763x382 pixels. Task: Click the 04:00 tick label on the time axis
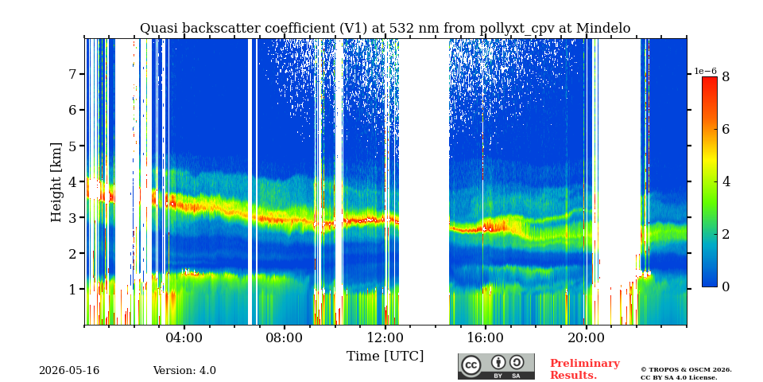click(184, 337)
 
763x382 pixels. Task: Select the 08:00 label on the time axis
click(285, 337)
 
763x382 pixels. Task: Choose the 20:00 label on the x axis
click(586, 337)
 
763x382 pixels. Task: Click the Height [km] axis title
click(56, 182)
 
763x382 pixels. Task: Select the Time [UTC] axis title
click(385, 357)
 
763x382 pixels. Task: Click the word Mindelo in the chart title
click(603, 29)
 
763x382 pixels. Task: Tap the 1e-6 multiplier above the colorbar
click(706, 71)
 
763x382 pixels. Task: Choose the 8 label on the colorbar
click(726, 76)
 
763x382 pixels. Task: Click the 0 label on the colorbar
click(726, 287)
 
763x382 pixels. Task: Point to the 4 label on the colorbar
click(726, 181)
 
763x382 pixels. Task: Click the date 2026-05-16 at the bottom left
click(69, 371)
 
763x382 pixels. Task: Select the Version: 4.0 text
click(184, 371)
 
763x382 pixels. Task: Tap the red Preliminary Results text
click(585, 369)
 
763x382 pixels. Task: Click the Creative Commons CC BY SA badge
click(496, 366)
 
